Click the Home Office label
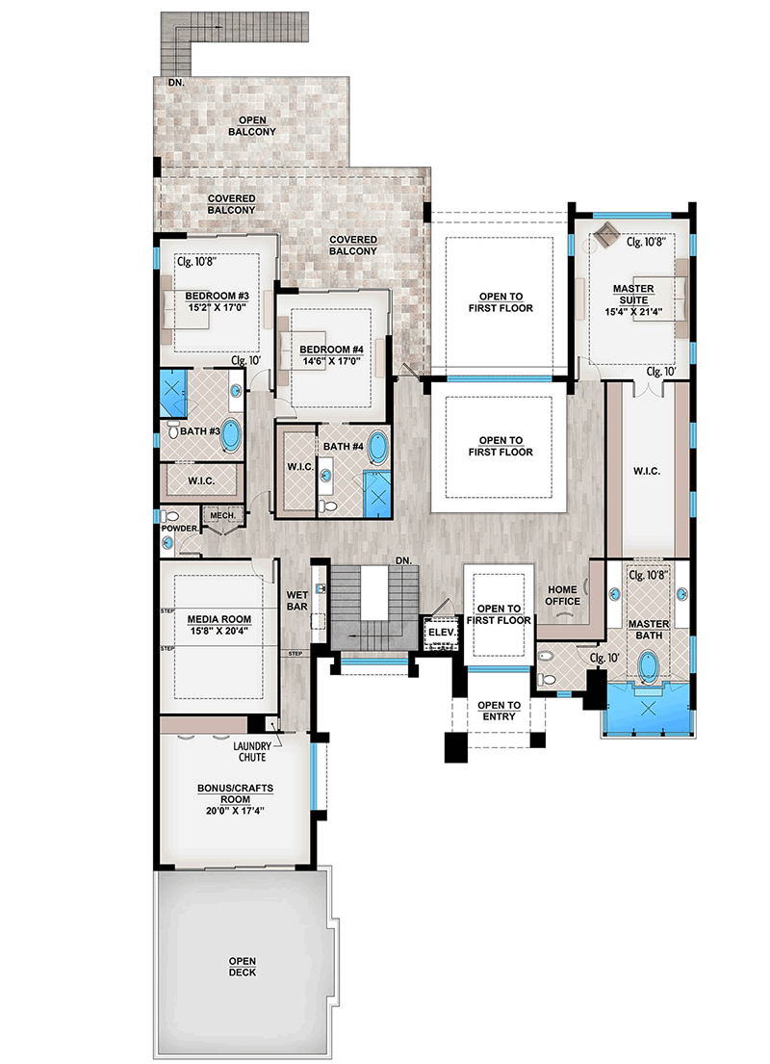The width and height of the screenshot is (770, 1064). [x=564, y=595]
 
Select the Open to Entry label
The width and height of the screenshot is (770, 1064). [x=499, y=711]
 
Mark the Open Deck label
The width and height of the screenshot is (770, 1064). [x=243, y=967]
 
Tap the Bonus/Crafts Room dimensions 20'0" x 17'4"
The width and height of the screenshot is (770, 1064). [x=236, y=810]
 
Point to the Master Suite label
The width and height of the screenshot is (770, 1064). [x=635, y=295]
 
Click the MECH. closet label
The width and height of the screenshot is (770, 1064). [x=222, y=515]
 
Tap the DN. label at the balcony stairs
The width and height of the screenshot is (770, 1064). [x=174, y=84]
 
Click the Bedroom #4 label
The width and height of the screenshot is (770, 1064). [x=330, y=349]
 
